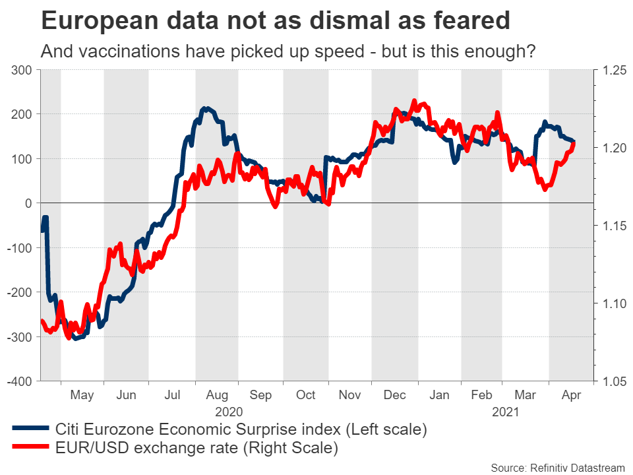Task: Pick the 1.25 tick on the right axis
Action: coord(609,69)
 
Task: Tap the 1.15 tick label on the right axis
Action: coord(609,226)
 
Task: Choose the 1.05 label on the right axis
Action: coord(609,381)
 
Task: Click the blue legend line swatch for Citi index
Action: coord(30,429)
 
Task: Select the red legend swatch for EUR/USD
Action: coord(30,449)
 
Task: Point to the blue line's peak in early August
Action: coord(206,108)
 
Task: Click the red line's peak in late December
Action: coord(414,101)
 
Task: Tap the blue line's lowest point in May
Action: coord(75,338)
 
